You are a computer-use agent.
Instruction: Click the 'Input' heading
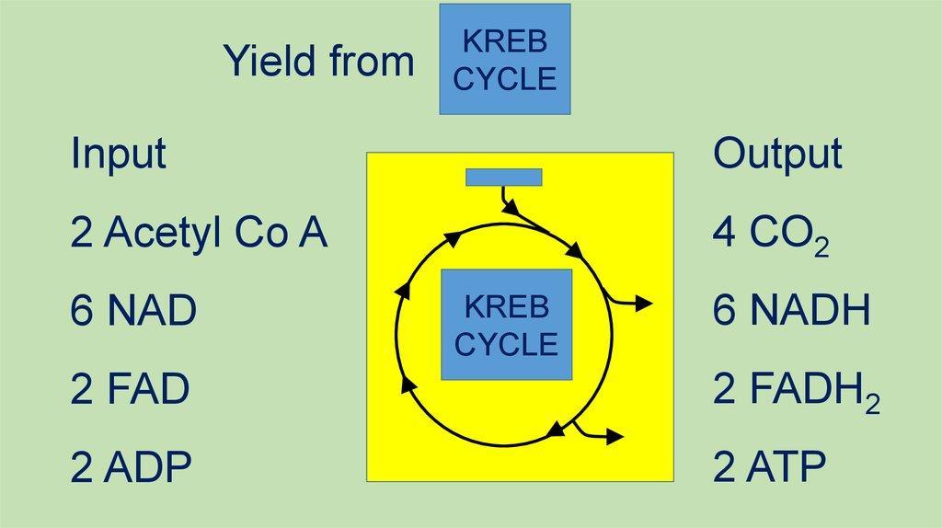[x=119, y=154]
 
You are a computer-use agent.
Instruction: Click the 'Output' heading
[x=777, y=154]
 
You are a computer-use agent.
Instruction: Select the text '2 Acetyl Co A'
[x=199, y=233]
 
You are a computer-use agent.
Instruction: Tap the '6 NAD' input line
[x=133, y=310]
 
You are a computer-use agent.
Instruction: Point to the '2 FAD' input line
[x=130, y=388]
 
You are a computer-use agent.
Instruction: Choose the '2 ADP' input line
[x=131, y=466]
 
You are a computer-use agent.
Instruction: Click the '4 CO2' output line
[x=771, y=235]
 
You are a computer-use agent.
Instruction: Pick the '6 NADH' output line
[x=791, y=310]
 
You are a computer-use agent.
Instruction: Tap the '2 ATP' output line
[x=769, y=466]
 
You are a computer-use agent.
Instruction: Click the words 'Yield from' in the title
[x=319, y=61]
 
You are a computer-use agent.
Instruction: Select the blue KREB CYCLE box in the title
[x=505, y=59]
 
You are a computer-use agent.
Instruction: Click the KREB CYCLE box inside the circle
[x=507, y=325]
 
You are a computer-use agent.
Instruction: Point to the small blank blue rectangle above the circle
[x=504, y=178]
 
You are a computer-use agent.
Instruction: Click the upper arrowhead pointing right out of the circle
[x=644, y=304]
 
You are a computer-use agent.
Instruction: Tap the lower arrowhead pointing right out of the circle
[x=615, y=437]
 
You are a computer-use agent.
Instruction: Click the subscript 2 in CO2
[x=821, y=247]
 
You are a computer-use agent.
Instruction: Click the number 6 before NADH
[x=724, y=310]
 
